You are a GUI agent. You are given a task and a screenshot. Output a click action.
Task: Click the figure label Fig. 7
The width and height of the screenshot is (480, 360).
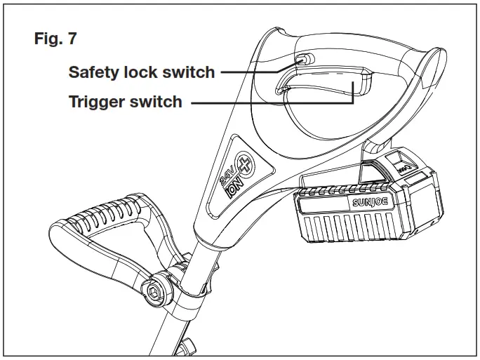click(55, 39)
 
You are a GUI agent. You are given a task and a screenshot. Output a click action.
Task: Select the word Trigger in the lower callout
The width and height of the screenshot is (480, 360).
click(97, 102)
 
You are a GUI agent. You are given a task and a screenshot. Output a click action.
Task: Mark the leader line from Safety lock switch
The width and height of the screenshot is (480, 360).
click(256, 72)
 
